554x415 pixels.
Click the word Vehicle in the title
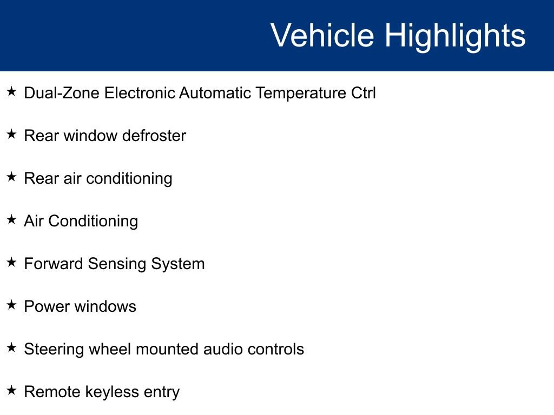coord(322,36)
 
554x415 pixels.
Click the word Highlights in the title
coord(454,36)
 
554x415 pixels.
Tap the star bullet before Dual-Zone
coord(12,92)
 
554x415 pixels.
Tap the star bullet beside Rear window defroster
coord(12,135)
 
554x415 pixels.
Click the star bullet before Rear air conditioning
coord(12,177)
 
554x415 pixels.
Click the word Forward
coord(54,264)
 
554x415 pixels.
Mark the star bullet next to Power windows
coord(12,305)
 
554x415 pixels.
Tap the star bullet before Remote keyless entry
coord(12,391)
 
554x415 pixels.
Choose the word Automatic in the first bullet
coord(215,93)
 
